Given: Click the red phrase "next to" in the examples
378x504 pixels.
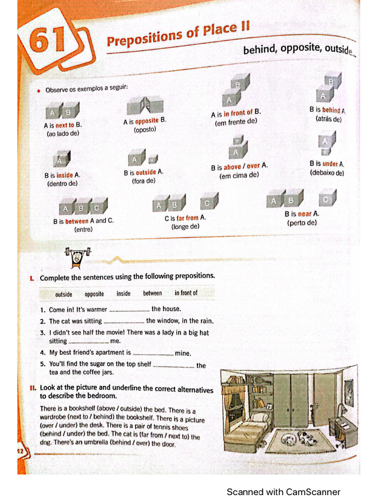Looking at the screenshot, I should point(64,126).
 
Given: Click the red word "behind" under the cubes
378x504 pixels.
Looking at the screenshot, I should point(331,110).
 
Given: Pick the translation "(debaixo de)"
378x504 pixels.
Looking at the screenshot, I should point(327,173).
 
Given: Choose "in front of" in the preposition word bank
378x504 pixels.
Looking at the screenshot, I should point(186,293).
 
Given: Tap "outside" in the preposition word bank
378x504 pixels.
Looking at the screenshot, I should point(63,294).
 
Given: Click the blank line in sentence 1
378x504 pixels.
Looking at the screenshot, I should point(129,310).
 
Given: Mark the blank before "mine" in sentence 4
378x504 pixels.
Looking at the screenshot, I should point(153,353).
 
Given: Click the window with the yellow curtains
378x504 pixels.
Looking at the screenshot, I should point(235,404).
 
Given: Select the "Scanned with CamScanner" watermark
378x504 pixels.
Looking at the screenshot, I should point(283,492).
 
